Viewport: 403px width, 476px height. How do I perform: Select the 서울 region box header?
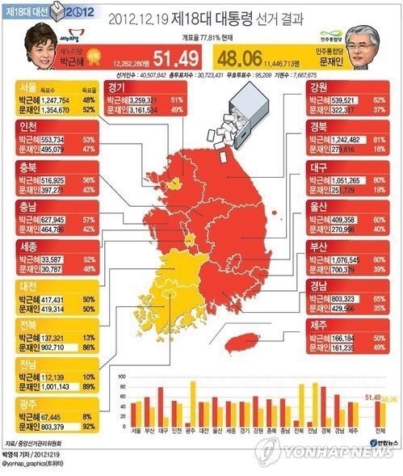(x=27, y=85)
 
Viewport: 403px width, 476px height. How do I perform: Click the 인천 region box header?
(x=27, y=126)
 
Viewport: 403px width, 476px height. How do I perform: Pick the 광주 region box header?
(x=27, y=402)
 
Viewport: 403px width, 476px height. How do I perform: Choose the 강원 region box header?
(x=318, y=85)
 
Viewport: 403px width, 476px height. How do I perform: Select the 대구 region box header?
(x=318, y=169)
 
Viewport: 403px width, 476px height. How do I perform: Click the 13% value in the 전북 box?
(x=88, y=336)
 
